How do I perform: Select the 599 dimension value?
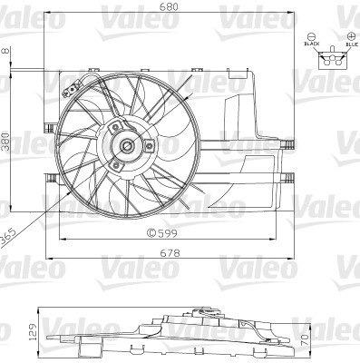(169, 232)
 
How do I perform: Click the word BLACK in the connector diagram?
(313, 43)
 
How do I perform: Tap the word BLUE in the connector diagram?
(351, 43)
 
